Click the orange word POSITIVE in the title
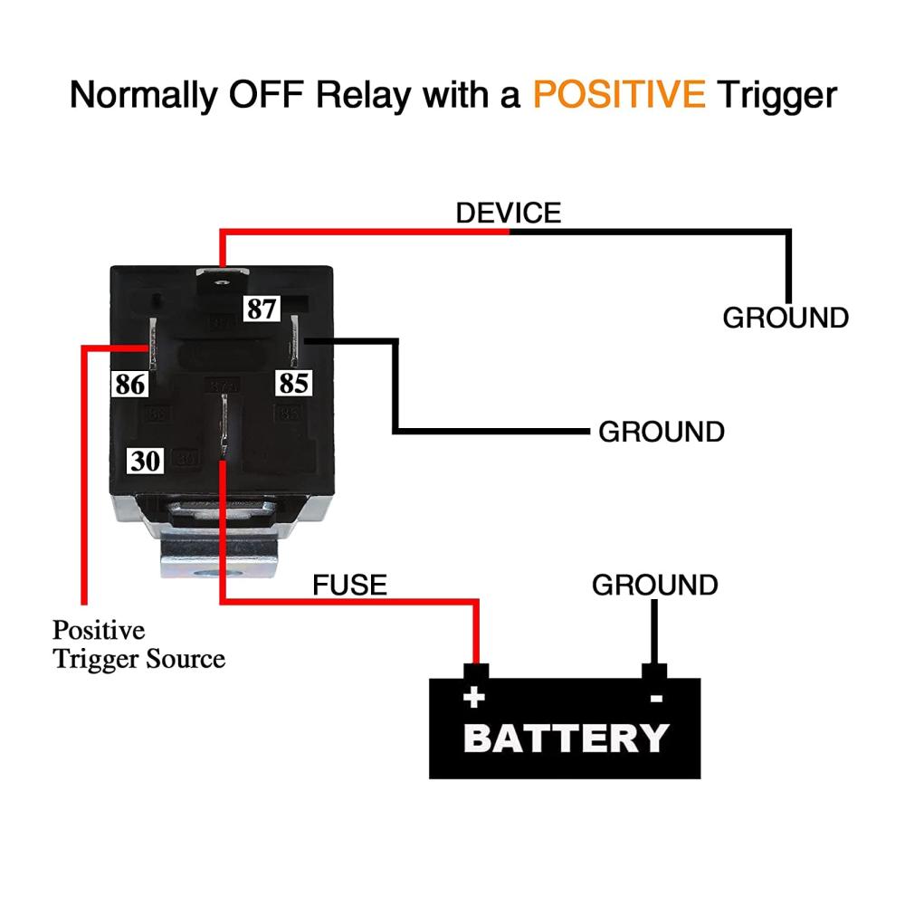619,94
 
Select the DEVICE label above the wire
509,213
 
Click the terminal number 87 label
262,309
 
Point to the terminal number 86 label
129,384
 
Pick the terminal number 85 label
294,383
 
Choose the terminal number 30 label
145,461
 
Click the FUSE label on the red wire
349,585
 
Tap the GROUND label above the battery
655,585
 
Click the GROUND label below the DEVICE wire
786,318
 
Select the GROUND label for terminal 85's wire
662,432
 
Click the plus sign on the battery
474,698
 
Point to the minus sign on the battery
656,699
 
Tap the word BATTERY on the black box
566,738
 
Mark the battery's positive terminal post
476,672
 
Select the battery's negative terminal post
654,672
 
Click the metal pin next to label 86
153,344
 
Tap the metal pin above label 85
294,340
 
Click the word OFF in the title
266,94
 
